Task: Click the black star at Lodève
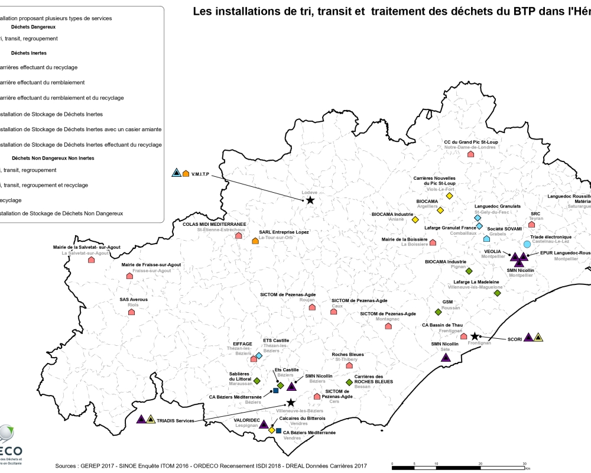pyautogui.click(x=310, y=200)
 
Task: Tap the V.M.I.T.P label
pyautogui.click(x=202, y=173)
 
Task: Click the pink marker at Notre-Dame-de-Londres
pyautogui.click(x=470, y=154)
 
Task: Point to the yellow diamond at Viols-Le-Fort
pyautogui.click(x=449, y=196)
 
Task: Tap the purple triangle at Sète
pyautogui.click(x=446, y=357)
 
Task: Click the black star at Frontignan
pyautogui.click(x=474, y=336)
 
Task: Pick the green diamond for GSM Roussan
pyautogui.click(x=438, y=312)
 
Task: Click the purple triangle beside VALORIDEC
pyautogui.click(x=264, y=424)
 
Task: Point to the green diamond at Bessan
pyautogui.click(x=349, y=382)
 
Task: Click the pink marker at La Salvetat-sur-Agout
pyautogui.click(x=91, y=260)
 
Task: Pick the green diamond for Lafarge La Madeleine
pyautogui.click(x=497, y=293)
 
